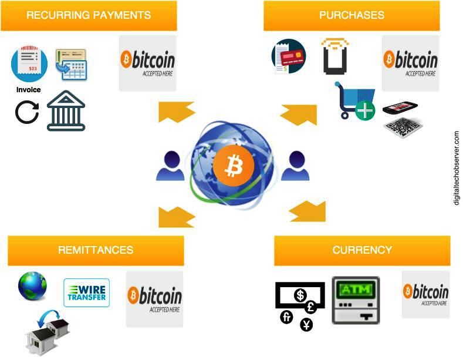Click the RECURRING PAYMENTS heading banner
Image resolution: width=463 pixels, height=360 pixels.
pyautogui.click(x=89, y=15)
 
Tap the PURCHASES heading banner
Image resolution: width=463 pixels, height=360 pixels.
pyautogui.click(x=352, y=15)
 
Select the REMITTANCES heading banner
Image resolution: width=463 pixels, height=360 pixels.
pyautogui.click(x=96, y=250)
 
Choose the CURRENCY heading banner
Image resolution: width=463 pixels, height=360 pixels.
pyautogui.click(x=362, y=250)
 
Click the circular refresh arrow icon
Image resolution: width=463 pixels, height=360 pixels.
pyautogui.click(x=27, y=112)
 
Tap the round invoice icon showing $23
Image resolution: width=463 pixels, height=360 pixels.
pyautogui.click(x=29, y=65)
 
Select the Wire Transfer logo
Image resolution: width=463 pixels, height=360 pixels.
pyautogui.click(x=87, y=292)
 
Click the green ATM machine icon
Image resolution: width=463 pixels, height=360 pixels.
pyautogui.click(x=356, y=300)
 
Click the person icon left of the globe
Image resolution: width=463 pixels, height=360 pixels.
pyautogui.click(x=170, y=167)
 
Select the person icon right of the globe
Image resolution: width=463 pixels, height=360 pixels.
pyautogui.click(x=295, y=167)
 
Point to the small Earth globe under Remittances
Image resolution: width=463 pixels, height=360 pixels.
pyautogui.click(x=33, y=286)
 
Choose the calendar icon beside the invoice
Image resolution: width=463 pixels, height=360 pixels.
pyautogui.click(x=71, y=65)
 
